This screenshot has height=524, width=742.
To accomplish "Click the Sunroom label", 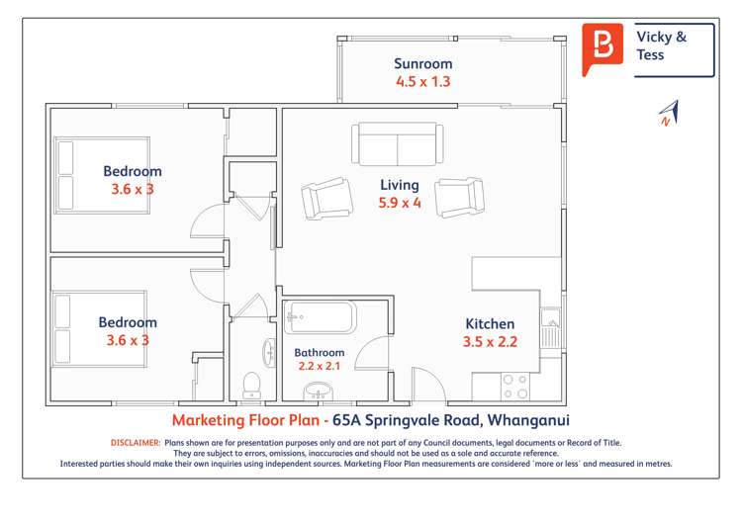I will [x=422, y=64].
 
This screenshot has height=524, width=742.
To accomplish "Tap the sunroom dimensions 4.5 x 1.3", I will [x=422, y=82].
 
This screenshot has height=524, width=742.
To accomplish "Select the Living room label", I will [x=400, y=185].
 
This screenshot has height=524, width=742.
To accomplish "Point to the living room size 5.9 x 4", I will [x=400, y=204].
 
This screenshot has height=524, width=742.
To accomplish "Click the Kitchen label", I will [x=490, y=324].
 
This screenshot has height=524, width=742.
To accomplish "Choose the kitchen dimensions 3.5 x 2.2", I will [x=490, y=343].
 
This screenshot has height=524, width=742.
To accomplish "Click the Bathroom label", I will [x=320, y=353].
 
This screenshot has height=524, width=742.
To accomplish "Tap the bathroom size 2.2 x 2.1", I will [x=320, y=370].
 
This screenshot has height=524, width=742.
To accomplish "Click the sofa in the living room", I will [x=398, y=144].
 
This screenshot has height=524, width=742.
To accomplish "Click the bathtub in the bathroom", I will [x=320, y=319].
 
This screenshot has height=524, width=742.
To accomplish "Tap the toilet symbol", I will [x=250, y=383].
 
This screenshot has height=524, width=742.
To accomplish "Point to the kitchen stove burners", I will [x=514, y=386].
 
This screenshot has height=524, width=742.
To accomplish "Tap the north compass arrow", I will [x=668, y=113].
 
